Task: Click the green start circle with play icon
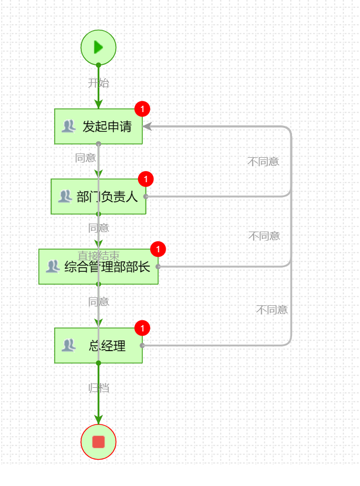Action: point(98,47)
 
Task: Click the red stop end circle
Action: point(98,441)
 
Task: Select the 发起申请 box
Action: point(99,126)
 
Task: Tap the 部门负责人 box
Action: point(98,197)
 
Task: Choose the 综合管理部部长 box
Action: point(98,266)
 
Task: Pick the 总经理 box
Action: point(98,346)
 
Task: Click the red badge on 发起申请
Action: point(142,109)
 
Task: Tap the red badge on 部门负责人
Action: point(145,179)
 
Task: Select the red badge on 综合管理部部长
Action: point(158,249)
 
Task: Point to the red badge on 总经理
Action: point(142,328)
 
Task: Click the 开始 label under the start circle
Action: point(98,83)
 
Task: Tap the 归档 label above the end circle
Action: point(98,388)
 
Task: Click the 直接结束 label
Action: point(98,255)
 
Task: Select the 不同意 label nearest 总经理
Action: point(272,310)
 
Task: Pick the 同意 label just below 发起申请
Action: point(85,158)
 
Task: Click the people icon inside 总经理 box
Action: point(68,345)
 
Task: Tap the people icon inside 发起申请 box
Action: point(68,126)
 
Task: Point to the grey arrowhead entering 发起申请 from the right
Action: point(147,126)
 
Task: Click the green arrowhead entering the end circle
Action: point(98,420)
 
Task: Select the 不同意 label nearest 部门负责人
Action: point(263,162)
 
